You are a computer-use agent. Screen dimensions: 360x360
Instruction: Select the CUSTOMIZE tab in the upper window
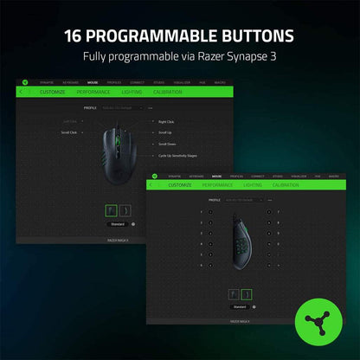point(51,90)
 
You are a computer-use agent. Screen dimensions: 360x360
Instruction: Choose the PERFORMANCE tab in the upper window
point(93,90)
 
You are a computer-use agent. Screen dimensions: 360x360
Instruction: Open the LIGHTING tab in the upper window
point(132,90)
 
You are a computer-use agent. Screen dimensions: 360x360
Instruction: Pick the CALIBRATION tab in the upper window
point(167,90)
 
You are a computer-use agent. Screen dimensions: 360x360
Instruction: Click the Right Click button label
point(168,122)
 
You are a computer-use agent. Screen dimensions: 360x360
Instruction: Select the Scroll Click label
point(68,132)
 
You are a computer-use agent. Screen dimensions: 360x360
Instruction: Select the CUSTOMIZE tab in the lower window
point(180,184)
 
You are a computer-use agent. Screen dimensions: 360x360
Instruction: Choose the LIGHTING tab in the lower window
point(253,184)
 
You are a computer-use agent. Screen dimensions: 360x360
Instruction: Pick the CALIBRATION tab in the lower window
point(286,184)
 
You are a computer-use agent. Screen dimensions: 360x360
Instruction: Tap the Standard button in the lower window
point(240,306)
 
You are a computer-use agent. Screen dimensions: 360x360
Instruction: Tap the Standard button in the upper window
point(118,222)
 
